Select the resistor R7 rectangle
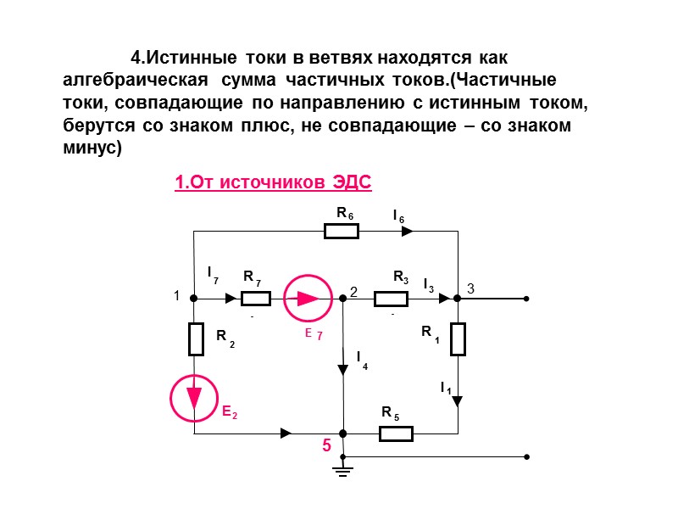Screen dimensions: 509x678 point(255,299)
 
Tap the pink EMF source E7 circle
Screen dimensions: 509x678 point(307,299)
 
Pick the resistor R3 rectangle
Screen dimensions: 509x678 point(392,299)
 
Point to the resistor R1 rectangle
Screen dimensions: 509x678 point(458,338)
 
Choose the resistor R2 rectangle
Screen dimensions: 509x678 point(195,338)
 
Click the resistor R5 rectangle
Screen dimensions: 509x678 point(396,434)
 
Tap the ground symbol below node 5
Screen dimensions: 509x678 point(343,468)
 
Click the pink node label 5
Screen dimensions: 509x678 point(325,445)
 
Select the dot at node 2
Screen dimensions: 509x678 point(343,299)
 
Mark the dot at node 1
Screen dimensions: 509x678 point(194,299)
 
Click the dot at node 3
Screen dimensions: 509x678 point(458,299)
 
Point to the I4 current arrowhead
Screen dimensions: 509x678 point(343,370)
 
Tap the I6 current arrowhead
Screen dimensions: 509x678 point(408,231)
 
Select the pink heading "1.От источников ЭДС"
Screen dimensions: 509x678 point(274,182)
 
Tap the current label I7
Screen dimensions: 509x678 point(213,274)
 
